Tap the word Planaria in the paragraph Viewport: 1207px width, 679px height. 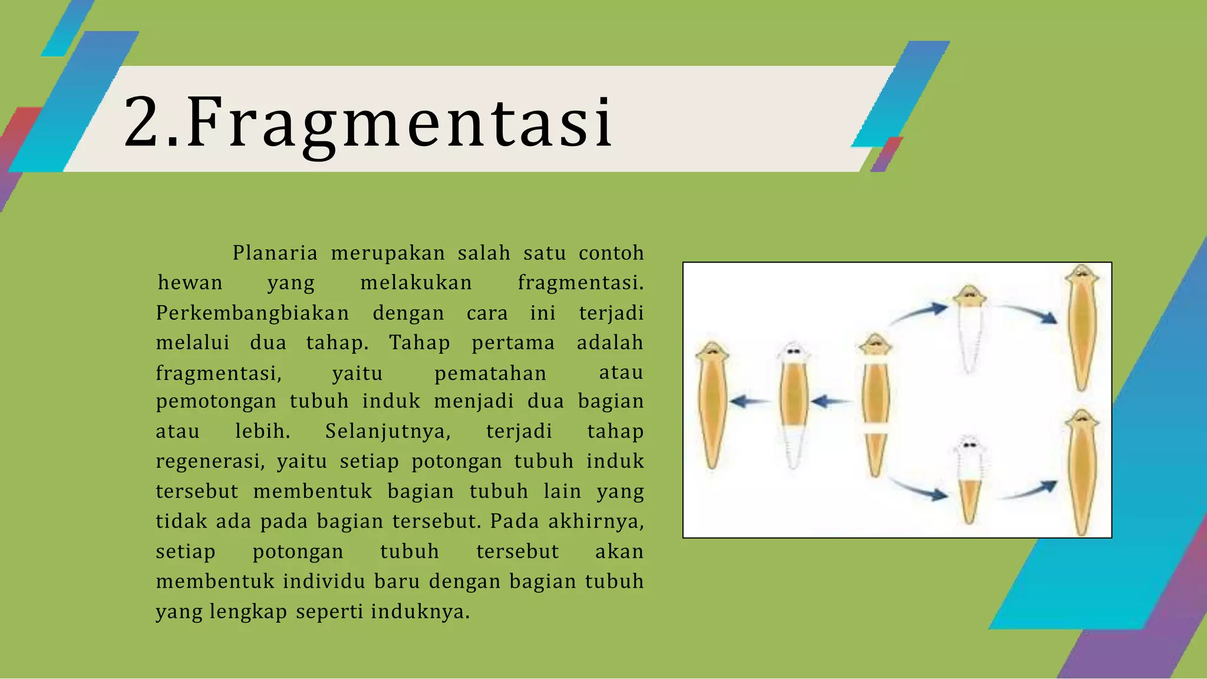pyautogui.click(x=275, y=253)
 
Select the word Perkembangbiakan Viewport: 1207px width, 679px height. pyautogui.click(x=252, y=313)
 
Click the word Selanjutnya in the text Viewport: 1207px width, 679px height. pyautogui.click(x=388, y=432)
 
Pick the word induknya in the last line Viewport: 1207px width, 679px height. pyautogui.click(x=420, y=612)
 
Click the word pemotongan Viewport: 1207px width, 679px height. pyautogui.click(x=216, y=402)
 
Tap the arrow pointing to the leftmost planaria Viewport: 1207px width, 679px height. pyautogui.click(x=750, y=402)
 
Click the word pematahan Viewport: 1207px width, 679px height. pyautogui.click(x=490, y=374)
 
